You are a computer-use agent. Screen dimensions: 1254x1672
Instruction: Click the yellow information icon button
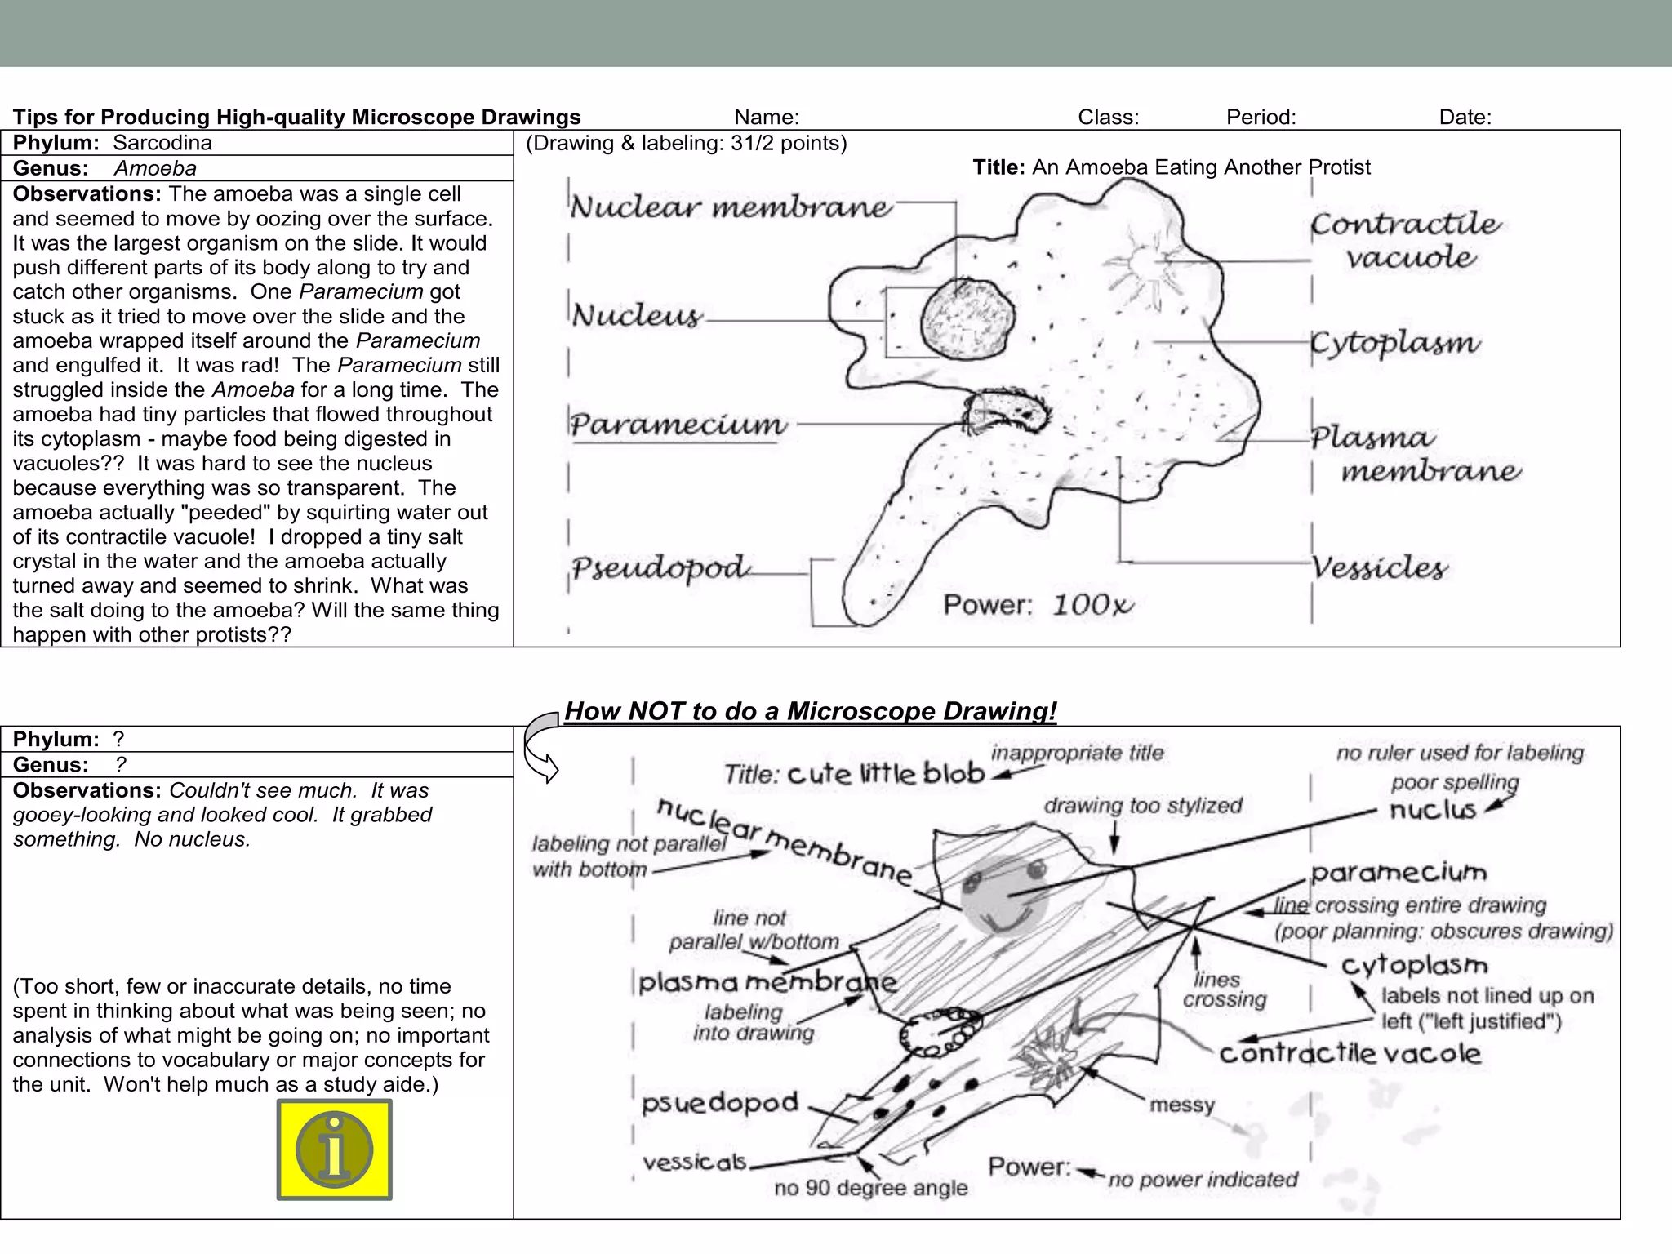[334, 1149]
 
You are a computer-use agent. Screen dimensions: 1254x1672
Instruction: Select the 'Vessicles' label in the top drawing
[1379, 567]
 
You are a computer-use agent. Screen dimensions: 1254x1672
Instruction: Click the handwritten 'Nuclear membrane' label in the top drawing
[731, 207]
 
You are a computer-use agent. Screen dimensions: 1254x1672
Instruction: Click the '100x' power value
[1092, 605]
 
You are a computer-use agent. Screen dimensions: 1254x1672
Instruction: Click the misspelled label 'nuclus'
[1433, 810]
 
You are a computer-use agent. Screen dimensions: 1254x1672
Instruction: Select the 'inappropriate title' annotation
[1077, 753]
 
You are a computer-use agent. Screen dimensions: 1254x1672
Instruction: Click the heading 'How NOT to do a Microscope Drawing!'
[810, 711]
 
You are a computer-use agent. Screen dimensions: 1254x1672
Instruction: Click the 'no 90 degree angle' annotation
[870, 1188]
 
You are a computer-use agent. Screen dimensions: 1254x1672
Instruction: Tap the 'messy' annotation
[1182, 1105]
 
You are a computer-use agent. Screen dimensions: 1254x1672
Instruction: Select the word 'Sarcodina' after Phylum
[162, 143]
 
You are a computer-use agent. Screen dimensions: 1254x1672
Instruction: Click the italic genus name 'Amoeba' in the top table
[155, 168]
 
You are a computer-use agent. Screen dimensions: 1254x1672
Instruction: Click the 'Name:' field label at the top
[767, 118]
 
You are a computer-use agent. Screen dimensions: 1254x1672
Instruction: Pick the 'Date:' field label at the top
[1465, 118]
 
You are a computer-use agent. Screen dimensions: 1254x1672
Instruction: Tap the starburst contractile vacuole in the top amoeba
[1141, 266]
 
